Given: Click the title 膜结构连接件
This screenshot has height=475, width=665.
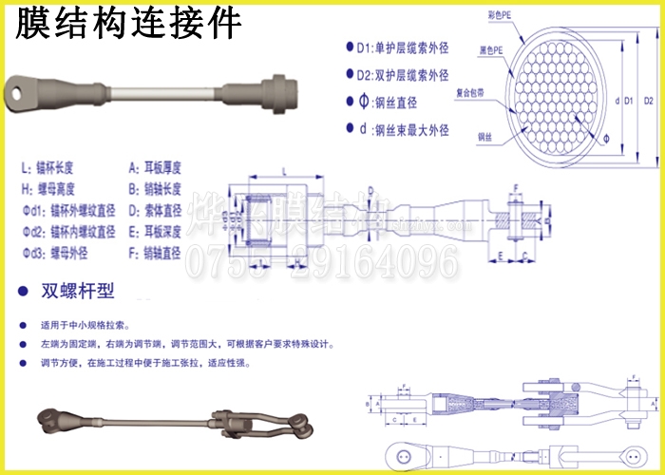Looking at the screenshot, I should click(127, 22).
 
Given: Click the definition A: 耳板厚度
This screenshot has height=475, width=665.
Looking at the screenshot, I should click(156, 167).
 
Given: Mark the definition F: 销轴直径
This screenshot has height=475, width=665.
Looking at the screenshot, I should click(156, 252).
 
